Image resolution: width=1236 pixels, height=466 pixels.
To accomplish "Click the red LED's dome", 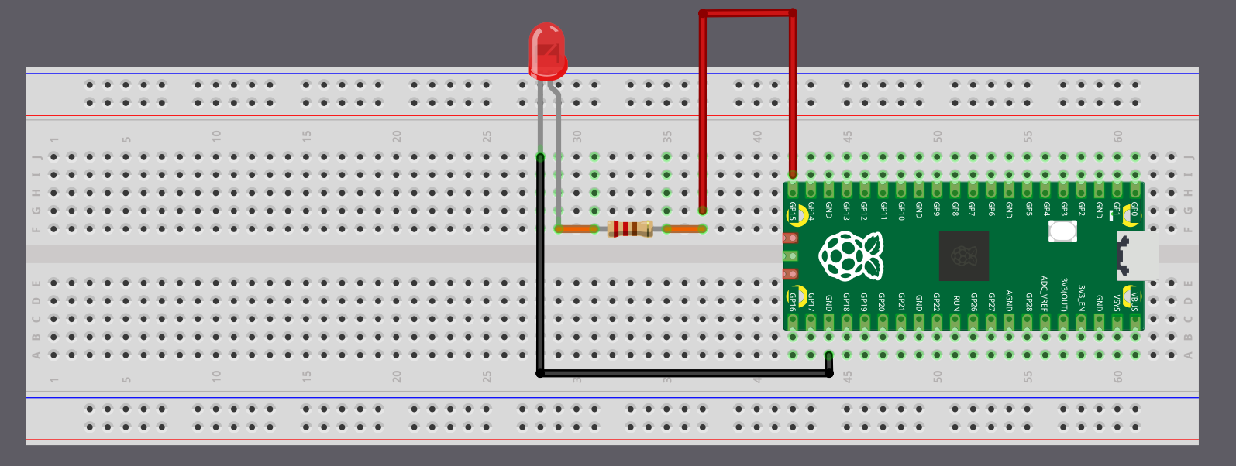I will coord(547,48).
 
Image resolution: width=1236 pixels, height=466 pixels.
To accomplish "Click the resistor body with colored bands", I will coord(630,228).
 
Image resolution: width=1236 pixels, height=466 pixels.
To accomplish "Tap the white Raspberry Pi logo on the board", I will coord(851,256).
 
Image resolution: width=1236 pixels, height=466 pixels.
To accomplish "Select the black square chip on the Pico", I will coord(963,255).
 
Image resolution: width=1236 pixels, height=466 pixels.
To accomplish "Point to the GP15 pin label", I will coord(793,211).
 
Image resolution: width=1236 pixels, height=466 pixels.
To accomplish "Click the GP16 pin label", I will coord(793,302).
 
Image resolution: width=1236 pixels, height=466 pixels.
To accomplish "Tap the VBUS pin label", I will coord(1134,301).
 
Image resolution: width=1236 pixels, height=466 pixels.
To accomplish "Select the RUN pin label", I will coord(955,302).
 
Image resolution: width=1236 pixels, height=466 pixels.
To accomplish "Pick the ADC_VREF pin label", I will coord(1045,293).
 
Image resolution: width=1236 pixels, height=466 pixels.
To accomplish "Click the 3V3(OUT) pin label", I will coord(1063,295).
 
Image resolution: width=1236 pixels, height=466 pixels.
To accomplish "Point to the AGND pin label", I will coord(1009,300).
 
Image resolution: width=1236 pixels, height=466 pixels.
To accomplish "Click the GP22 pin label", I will coord(937,302).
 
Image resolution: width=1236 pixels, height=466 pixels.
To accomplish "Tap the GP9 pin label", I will coord(937,208).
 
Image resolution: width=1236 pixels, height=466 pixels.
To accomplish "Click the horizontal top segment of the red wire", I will coord(747,13).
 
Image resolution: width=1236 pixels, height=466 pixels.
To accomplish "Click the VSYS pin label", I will coord(1117,302).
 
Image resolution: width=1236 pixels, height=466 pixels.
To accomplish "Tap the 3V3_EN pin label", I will coord(1081,298).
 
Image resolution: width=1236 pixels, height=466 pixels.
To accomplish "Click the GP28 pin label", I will coord(1028,302).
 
